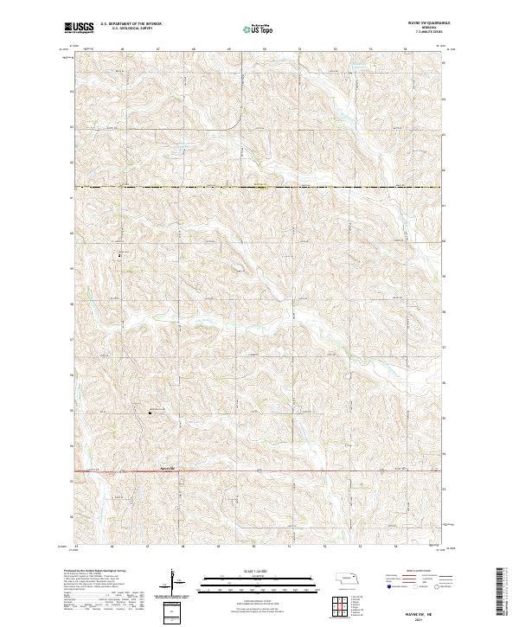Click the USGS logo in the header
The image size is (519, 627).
[x=79, y=29]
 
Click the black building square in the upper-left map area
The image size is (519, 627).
[x=120, y=255]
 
